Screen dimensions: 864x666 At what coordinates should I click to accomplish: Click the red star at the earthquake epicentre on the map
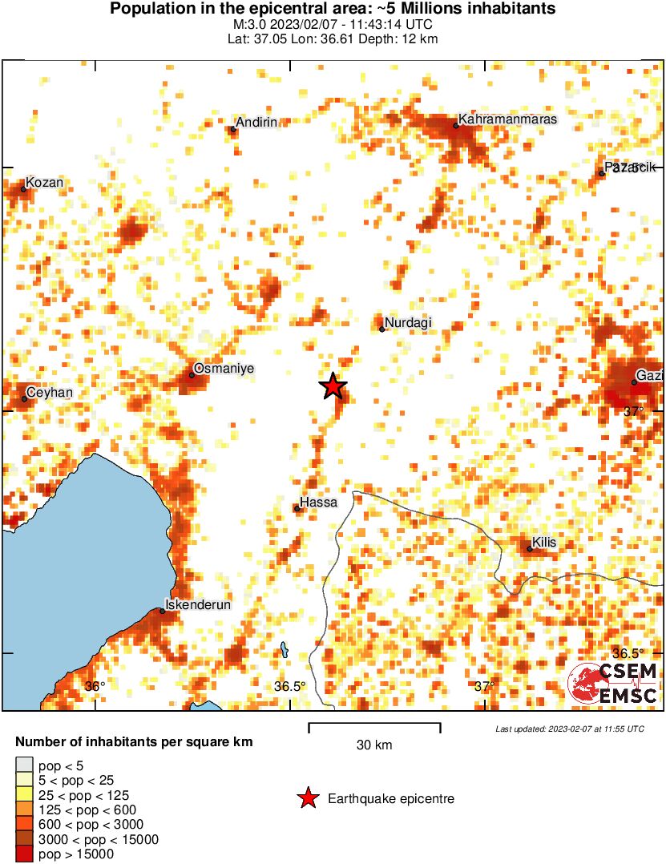(x=333, y=386)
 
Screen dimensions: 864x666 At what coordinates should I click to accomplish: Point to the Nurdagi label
(x=408, y=323)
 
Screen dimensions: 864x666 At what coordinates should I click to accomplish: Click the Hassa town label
(x=318, y=503)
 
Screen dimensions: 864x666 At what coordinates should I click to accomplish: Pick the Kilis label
(x=545, y=543)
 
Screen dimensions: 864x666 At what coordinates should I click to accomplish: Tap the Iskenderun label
(x=198, y=605)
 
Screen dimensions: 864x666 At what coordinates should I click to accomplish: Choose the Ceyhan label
(x=50, y=393)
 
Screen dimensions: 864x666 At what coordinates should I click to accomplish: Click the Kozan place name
(x=44, y=184)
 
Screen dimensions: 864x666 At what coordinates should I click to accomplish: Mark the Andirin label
(x=256, y=122)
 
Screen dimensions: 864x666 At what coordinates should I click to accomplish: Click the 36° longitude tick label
(x=95, y=686)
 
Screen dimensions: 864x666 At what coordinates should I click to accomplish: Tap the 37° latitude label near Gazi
(x=634, y=411)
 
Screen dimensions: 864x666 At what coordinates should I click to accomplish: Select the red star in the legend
(x=308, y=798)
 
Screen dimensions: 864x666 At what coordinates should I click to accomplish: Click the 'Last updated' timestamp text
(x=569, y=729)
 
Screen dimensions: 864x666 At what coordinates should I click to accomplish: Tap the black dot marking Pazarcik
(x=602, y=173)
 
